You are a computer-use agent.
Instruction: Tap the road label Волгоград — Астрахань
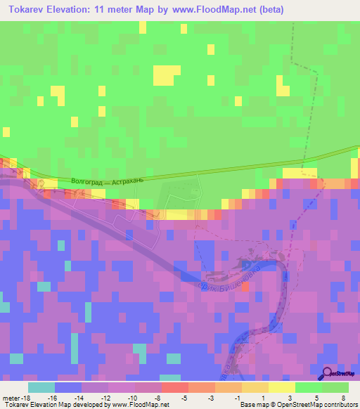pyautogui.click(x=108, y=181)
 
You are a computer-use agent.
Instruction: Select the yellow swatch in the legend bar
pyautogui.click(x=282, y=387)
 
